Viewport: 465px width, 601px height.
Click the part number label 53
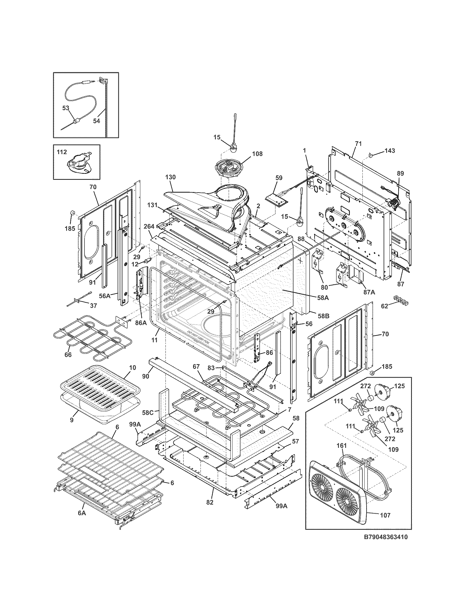pyautogui.click(x=66, y=108)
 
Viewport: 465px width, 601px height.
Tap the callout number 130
pyautogui.click(x=170, y=177)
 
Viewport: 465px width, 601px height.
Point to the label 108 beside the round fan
pyautogui.click(x=257, y=154)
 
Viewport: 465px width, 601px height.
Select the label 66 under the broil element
pyautogui.click(x=68, y=355)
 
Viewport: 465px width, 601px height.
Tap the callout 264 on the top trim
pyautogui.click(x=149, y=226)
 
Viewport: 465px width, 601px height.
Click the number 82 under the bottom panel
pyautogui.click(x=210, y=502)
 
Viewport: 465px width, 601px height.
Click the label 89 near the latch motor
pyautogui.click(x=400, y=173)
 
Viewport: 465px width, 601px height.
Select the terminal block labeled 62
pyautogui.click(x=401, y=300)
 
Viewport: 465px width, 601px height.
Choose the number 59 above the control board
pyautogui.click(x=279, y=178)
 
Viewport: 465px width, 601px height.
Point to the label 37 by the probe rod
pyautogui.click(x=93, y=306)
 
